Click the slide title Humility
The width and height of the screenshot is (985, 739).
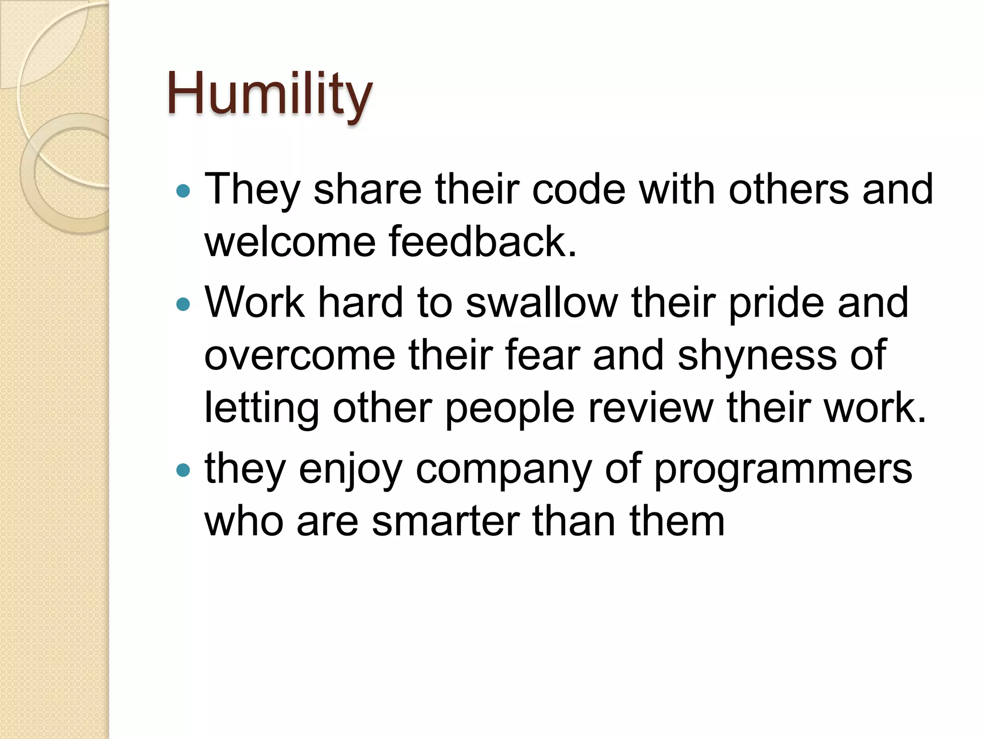tap(269, 94)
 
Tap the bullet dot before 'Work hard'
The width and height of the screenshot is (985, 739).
tap(183, 305)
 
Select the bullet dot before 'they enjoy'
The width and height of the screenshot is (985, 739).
tap(183, 470)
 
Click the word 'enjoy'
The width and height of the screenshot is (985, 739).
tap(350, 470)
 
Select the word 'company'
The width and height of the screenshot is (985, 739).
tap(504, 471)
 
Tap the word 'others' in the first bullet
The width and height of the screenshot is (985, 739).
tap(789, 189)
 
